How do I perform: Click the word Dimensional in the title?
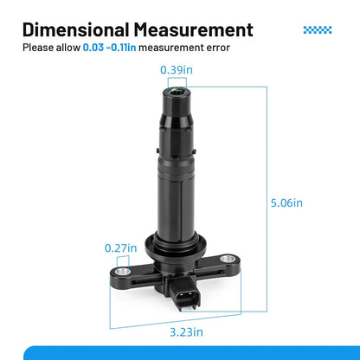(76, 29)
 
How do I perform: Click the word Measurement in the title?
(194, 29)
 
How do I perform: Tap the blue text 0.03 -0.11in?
(109, 48)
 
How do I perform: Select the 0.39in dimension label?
(177, 70)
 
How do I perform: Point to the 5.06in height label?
(286, 202)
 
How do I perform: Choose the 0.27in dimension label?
(120, 248)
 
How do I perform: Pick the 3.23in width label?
(186, 332)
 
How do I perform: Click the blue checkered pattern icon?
(318, 29)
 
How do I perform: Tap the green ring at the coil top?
(176, 92)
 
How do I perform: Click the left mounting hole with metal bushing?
(122, 271)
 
